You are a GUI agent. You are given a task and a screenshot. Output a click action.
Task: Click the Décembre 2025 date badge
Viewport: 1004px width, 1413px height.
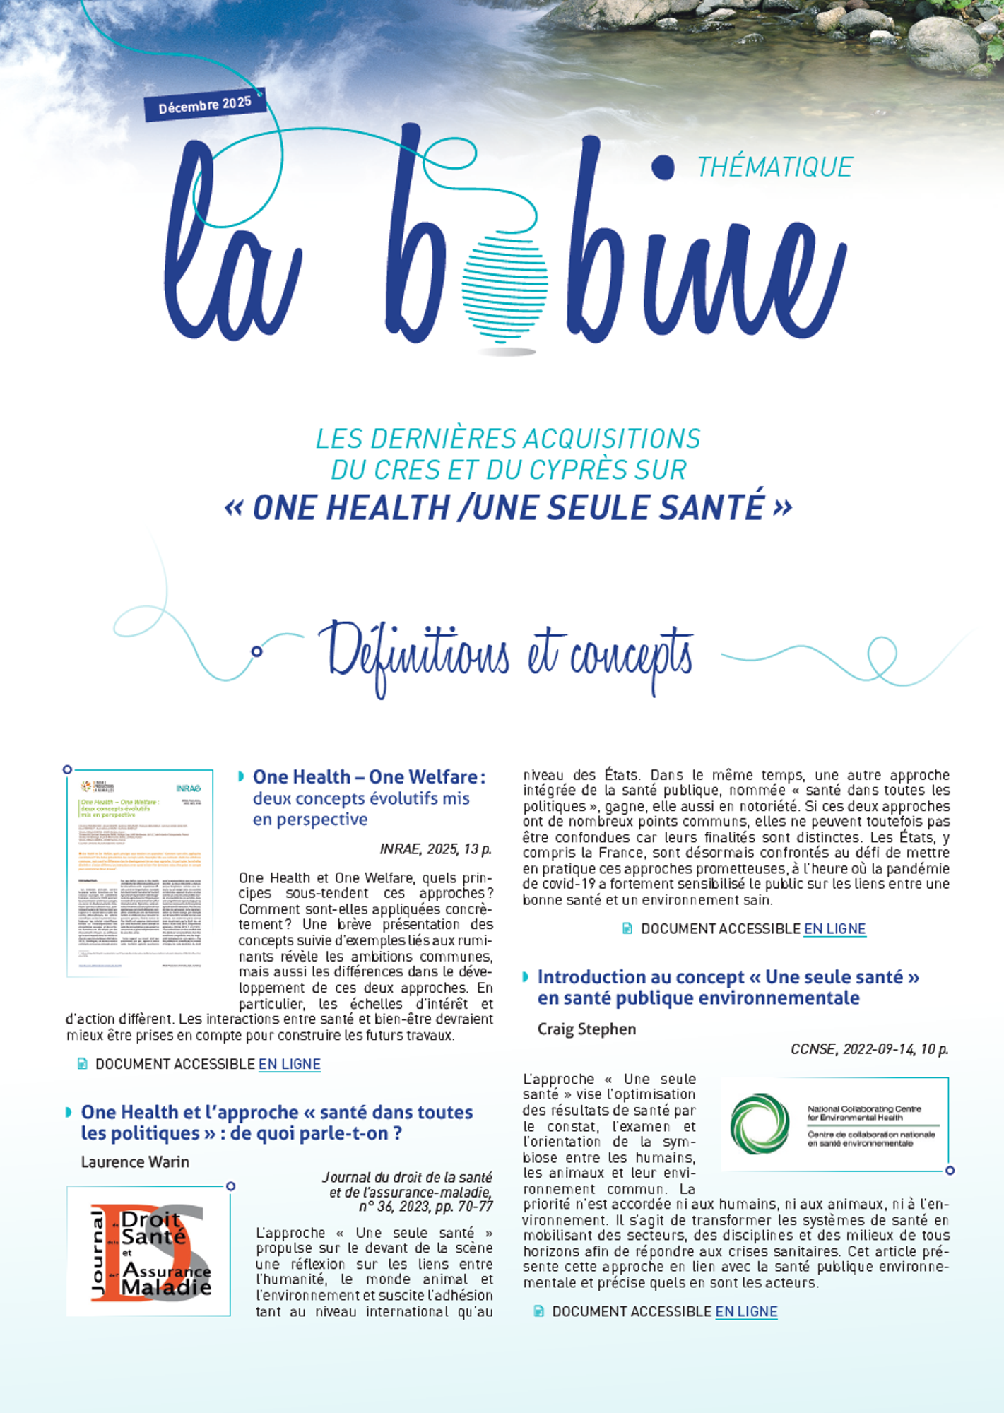click(205, 105)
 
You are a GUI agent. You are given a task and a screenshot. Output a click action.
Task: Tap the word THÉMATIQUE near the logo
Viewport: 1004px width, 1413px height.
click(774, 167)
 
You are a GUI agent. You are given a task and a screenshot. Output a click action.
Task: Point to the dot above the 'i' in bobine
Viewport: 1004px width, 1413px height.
click(662, 167)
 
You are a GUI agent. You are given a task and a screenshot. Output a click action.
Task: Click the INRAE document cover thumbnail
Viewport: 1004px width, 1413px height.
click(140, 873)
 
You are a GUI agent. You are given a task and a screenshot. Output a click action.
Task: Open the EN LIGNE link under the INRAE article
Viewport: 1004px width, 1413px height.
click(289, 1064)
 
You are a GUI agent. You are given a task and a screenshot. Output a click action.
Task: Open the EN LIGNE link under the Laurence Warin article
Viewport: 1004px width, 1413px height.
click(834, 928)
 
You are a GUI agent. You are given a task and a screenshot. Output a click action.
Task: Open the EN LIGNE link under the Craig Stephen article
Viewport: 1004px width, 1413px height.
click(746, 1311)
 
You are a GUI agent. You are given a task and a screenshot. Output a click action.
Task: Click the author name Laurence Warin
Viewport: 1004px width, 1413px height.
click(135, 1161)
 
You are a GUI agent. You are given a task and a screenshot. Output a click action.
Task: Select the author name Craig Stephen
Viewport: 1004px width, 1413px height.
click(586, 1029)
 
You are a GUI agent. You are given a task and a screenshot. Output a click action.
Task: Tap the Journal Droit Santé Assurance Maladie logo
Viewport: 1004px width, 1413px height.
click(149, 1251)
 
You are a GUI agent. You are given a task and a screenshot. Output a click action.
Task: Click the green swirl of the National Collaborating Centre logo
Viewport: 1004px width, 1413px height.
click(760, 1123)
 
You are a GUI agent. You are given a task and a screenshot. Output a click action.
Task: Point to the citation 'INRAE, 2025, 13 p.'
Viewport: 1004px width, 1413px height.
click(435, 849)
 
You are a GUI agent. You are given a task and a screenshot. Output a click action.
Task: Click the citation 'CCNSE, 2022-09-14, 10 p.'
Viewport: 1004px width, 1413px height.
click(869, 1049)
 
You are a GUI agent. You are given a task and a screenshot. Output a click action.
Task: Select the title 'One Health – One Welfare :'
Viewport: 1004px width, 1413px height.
click(369, 777)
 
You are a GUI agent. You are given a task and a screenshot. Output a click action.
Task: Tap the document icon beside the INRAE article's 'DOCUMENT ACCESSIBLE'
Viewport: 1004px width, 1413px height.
click(83, 1064)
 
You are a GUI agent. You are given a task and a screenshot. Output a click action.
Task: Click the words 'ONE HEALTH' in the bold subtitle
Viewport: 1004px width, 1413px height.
click(351, 507)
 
